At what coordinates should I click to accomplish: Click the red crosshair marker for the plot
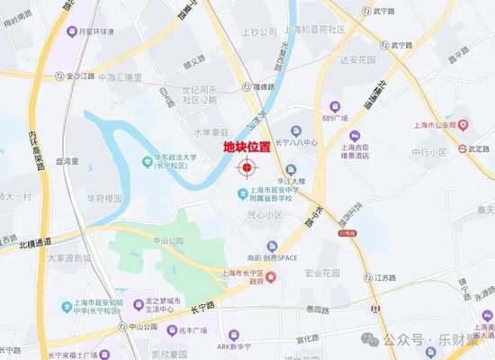246,166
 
